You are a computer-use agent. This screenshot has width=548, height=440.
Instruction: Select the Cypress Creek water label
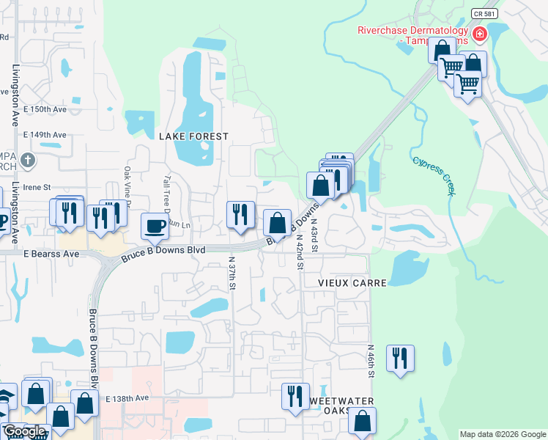click(433, 175)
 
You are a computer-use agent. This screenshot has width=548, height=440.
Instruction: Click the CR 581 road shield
click(481, 13)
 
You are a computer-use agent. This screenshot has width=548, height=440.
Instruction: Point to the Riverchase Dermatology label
click(412, 31)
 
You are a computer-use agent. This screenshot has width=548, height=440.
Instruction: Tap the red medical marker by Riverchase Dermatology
click(480, 34)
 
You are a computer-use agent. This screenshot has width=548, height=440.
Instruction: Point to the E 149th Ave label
click(45, 135)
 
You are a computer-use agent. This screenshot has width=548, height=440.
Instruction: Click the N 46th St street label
click(371, 362)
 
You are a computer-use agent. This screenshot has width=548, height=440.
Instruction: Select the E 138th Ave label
click(127, 398)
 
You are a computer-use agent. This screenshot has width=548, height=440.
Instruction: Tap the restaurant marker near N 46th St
click(400, 358)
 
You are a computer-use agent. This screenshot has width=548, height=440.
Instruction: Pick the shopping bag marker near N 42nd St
click(278, 221)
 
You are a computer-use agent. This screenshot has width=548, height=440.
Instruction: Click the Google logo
click(25, 431)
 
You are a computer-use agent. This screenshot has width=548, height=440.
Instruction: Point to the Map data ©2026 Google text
click(503, 434)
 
